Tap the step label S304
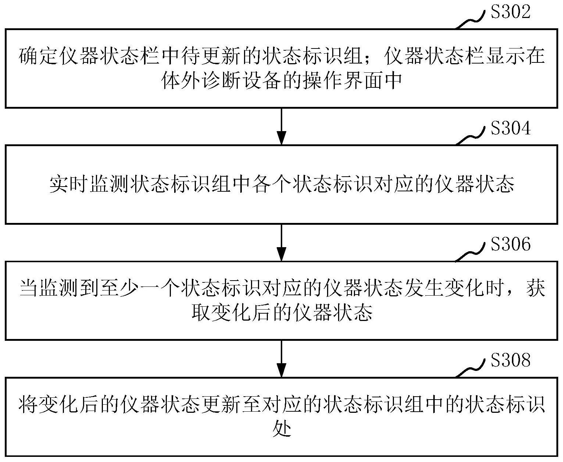pos(510,128)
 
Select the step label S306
pos(510,244)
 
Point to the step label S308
pos(510,360)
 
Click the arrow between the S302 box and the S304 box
pos(281,126)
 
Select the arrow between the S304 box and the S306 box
pos(281,243)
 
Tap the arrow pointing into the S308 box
pos(281,359)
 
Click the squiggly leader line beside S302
pos(470,21)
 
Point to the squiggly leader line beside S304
pos(470,137)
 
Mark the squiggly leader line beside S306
pos(470,253)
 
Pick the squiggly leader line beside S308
pos(470,369)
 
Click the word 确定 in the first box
pos(38,56)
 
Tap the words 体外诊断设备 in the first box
pos(221,80)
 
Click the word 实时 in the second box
pos(69,184)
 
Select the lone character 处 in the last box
pos(282,429)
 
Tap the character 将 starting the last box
pos(29,404)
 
